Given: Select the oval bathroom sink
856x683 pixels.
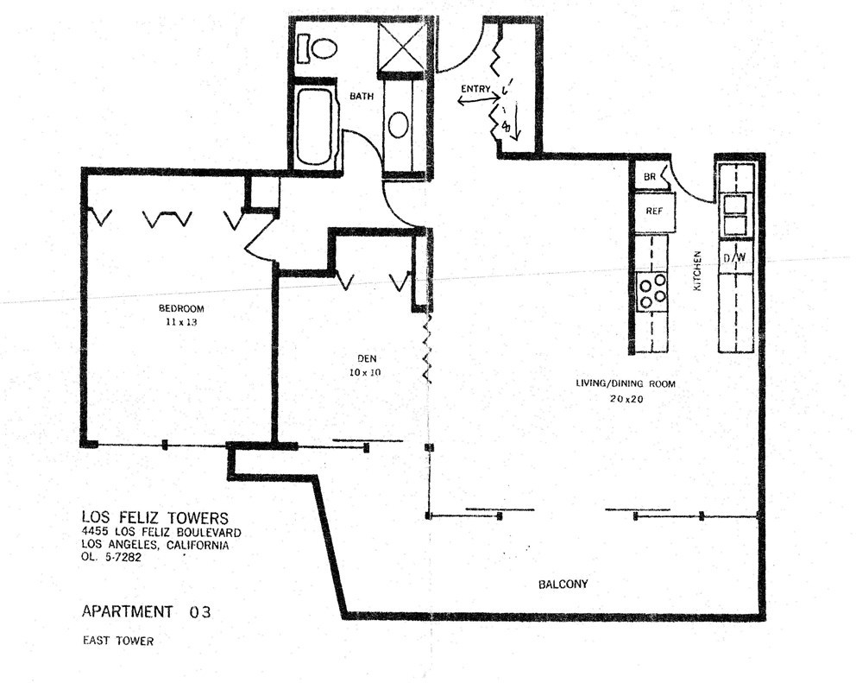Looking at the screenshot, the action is pos(399,124).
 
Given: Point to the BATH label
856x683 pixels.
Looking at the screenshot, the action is pos(362,96).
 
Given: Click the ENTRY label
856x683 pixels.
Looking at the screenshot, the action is pos(475,89).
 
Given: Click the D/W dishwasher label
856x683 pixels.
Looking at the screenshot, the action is pos(734,258).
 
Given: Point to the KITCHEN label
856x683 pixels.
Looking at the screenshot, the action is pos(697,270).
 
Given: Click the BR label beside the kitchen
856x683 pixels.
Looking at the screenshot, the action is pos(650,177).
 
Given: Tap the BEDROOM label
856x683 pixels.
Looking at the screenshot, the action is pos(181,308).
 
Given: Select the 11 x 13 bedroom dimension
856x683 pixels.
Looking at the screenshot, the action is pos(181,322).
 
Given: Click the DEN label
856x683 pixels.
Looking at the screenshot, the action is pos(367,358).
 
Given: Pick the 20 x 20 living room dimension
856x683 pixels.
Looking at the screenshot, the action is pos(626,399).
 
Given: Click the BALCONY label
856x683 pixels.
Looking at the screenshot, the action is pos(563,584).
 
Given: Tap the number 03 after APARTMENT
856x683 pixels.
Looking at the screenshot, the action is pos(200,612).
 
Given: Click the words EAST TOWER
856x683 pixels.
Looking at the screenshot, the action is pos(118,641).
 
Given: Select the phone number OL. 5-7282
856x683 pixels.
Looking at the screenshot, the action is pos(111,557).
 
